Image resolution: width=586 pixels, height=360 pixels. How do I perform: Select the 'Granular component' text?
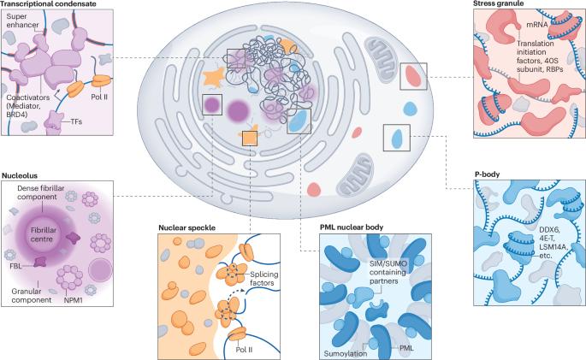(x=31, y=296)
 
